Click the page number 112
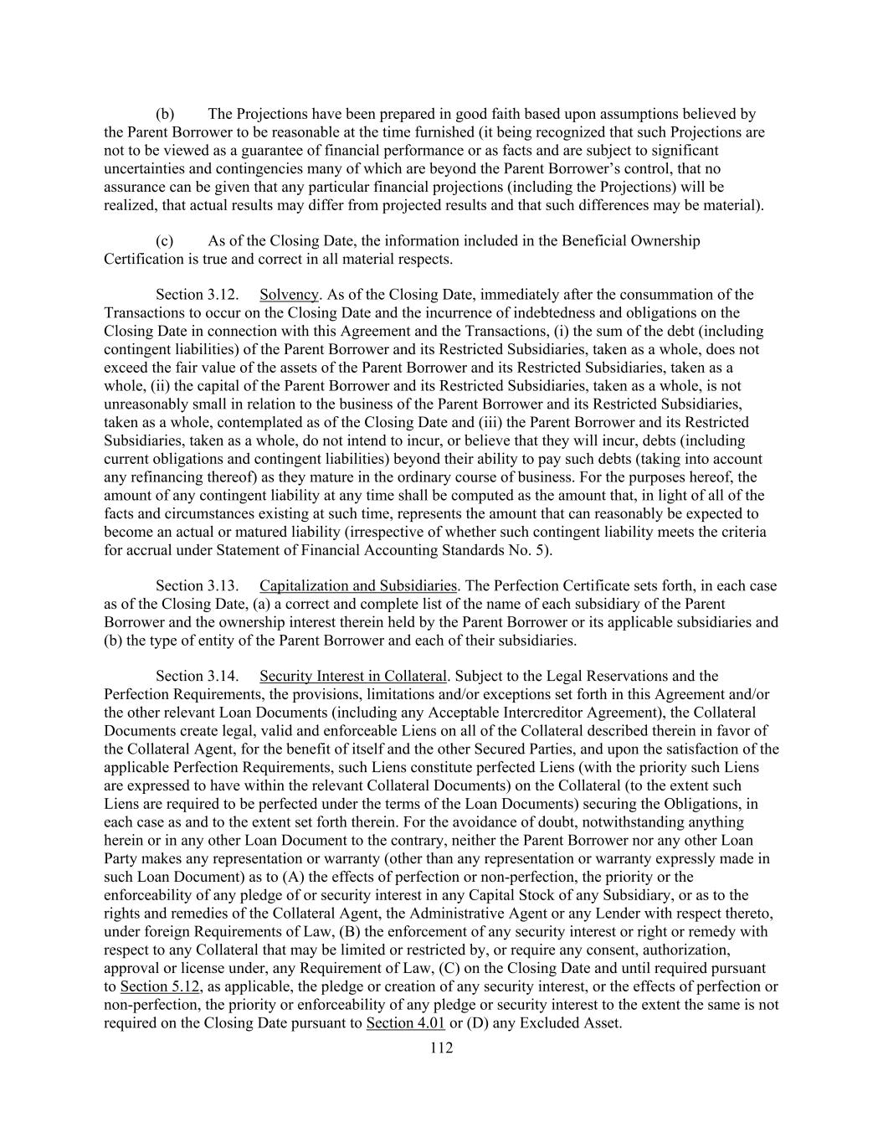click(441, 1048)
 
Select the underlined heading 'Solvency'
click(289, 295)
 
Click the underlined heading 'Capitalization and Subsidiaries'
click(358, 585)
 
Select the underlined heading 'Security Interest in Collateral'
click(353, 676)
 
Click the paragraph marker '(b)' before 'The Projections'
click(165, 114)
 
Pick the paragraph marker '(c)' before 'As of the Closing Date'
click(165, 241)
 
